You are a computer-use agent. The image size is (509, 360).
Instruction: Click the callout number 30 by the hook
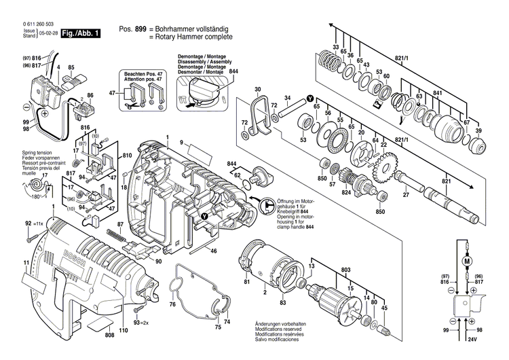coord(257,90)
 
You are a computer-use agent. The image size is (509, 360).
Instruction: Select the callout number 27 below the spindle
coord(406,196)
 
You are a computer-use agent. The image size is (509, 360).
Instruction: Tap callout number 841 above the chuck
coord(437,93)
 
